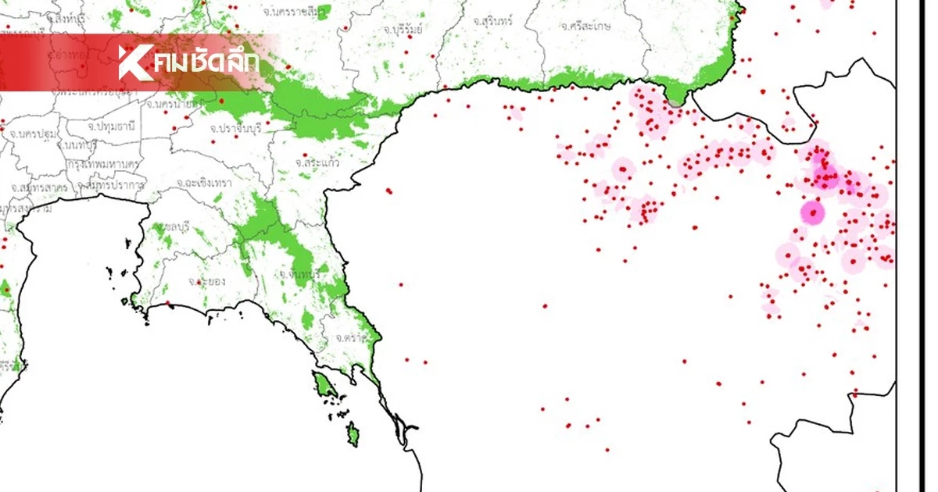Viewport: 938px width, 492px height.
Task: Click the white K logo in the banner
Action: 133,62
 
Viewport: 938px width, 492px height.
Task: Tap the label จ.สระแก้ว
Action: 316,162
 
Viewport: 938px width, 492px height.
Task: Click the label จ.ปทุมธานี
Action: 111,126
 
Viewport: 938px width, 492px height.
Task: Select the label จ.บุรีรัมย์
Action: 403,29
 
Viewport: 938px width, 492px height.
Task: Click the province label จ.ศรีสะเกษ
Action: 585,26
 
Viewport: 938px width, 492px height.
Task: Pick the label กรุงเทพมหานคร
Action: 102,165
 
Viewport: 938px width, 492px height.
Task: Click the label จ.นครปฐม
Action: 33,134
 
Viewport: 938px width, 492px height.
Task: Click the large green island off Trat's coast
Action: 321,384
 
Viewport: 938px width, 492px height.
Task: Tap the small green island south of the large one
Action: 353,431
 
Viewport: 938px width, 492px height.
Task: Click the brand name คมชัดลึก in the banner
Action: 206,62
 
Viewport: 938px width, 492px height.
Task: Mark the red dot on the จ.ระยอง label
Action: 200,280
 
